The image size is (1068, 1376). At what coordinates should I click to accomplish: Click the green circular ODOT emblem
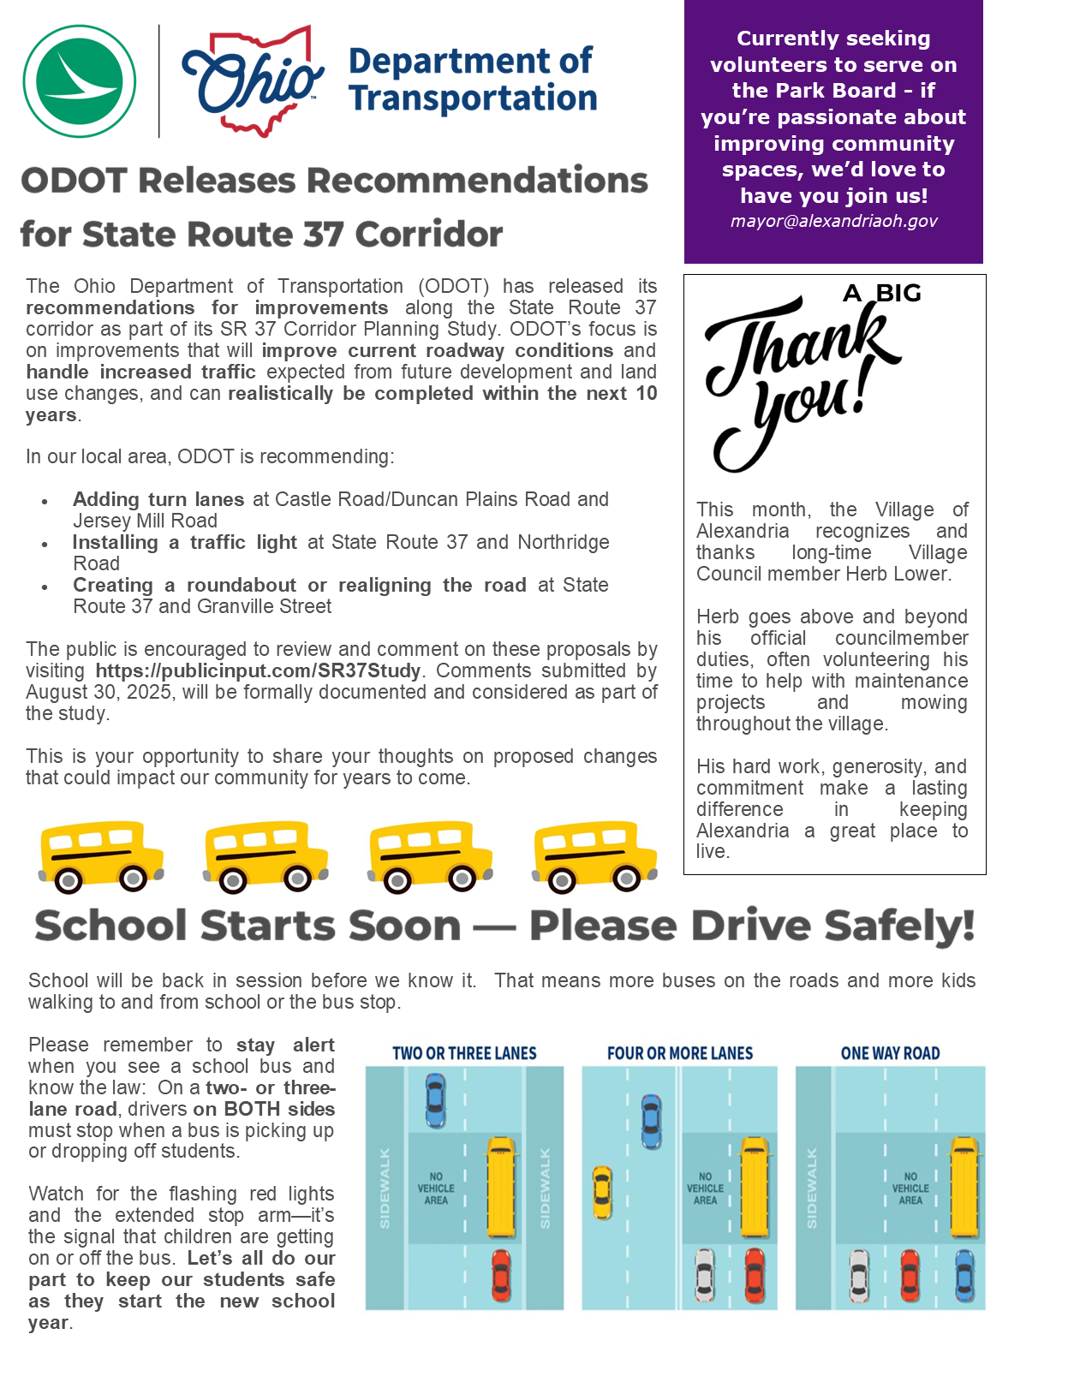pyautogui.click(x=80, y=81)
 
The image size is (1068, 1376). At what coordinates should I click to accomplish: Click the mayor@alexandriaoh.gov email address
pyautogui.click(x=833, y=221)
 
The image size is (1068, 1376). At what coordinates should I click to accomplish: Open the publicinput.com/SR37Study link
pyautogui.click(x=258, y=670)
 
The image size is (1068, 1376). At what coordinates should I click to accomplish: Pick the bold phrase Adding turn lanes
pyautogui.click(x=158, y=499)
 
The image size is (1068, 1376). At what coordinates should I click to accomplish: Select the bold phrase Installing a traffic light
pyautogui.click(x=184, y=542)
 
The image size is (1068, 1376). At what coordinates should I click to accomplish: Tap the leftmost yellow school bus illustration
pyautogui.click(x=101, y=857)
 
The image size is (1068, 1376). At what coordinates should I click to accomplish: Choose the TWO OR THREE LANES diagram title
pyautogui.click(x=464, y=1054)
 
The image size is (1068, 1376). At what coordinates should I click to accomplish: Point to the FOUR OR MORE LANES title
pyautogui.click(x=680, y=1054)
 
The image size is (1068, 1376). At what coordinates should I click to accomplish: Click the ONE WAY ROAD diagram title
pyautogui.click(x=890, y=1054)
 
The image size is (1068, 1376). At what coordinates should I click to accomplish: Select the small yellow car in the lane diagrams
pyautogui.click(x=602, y=1193)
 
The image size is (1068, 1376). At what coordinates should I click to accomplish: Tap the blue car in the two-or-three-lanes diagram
pyautogui.click(x=436, y=1100)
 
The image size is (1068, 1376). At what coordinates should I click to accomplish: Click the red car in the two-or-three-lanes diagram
pyautogui.click(x=501, y=1276)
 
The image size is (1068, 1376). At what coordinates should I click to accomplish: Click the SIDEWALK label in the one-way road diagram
pyautogui.click(x=812, y=1188)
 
